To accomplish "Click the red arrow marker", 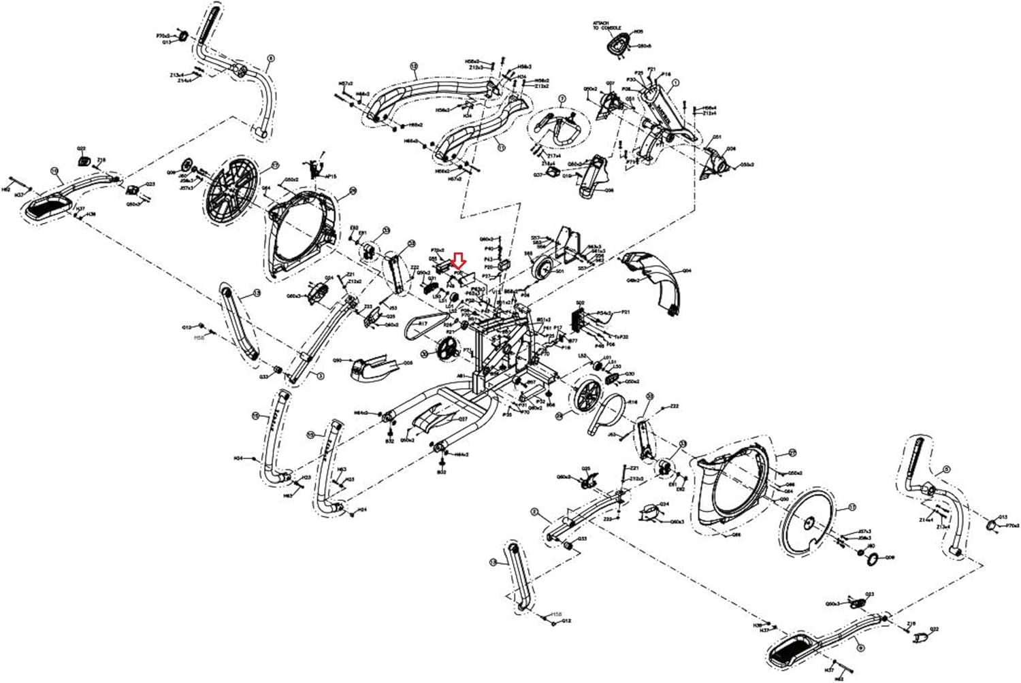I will point(458,260).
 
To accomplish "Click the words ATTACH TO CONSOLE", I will point(604,27).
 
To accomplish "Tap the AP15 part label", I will point(331,176).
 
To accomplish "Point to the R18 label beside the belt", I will point(632,402).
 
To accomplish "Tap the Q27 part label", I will point(463,419).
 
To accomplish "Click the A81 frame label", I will point(461,376).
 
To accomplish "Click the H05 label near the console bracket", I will point(638,32).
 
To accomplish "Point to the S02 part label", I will point(581,303).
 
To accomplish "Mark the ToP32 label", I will point(621,336).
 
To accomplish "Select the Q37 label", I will point(537,174).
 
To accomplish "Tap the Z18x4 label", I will point(548,163).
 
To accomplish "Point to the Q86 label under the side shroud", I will point(735,535).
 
